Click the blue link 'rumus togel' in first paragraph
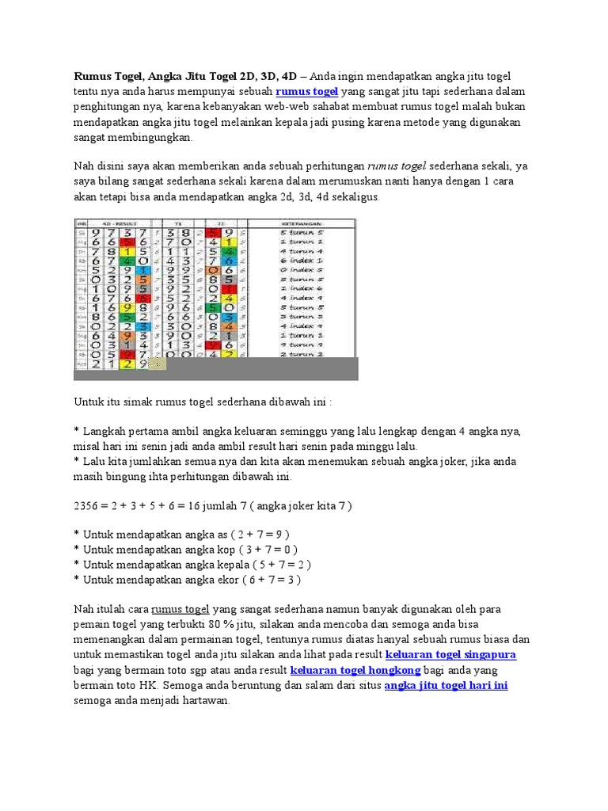click(x=306, y=92)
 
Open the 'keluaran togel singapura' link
click(x=450, y=655)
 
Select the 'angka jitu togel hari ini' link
click(x=446, y=686)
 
